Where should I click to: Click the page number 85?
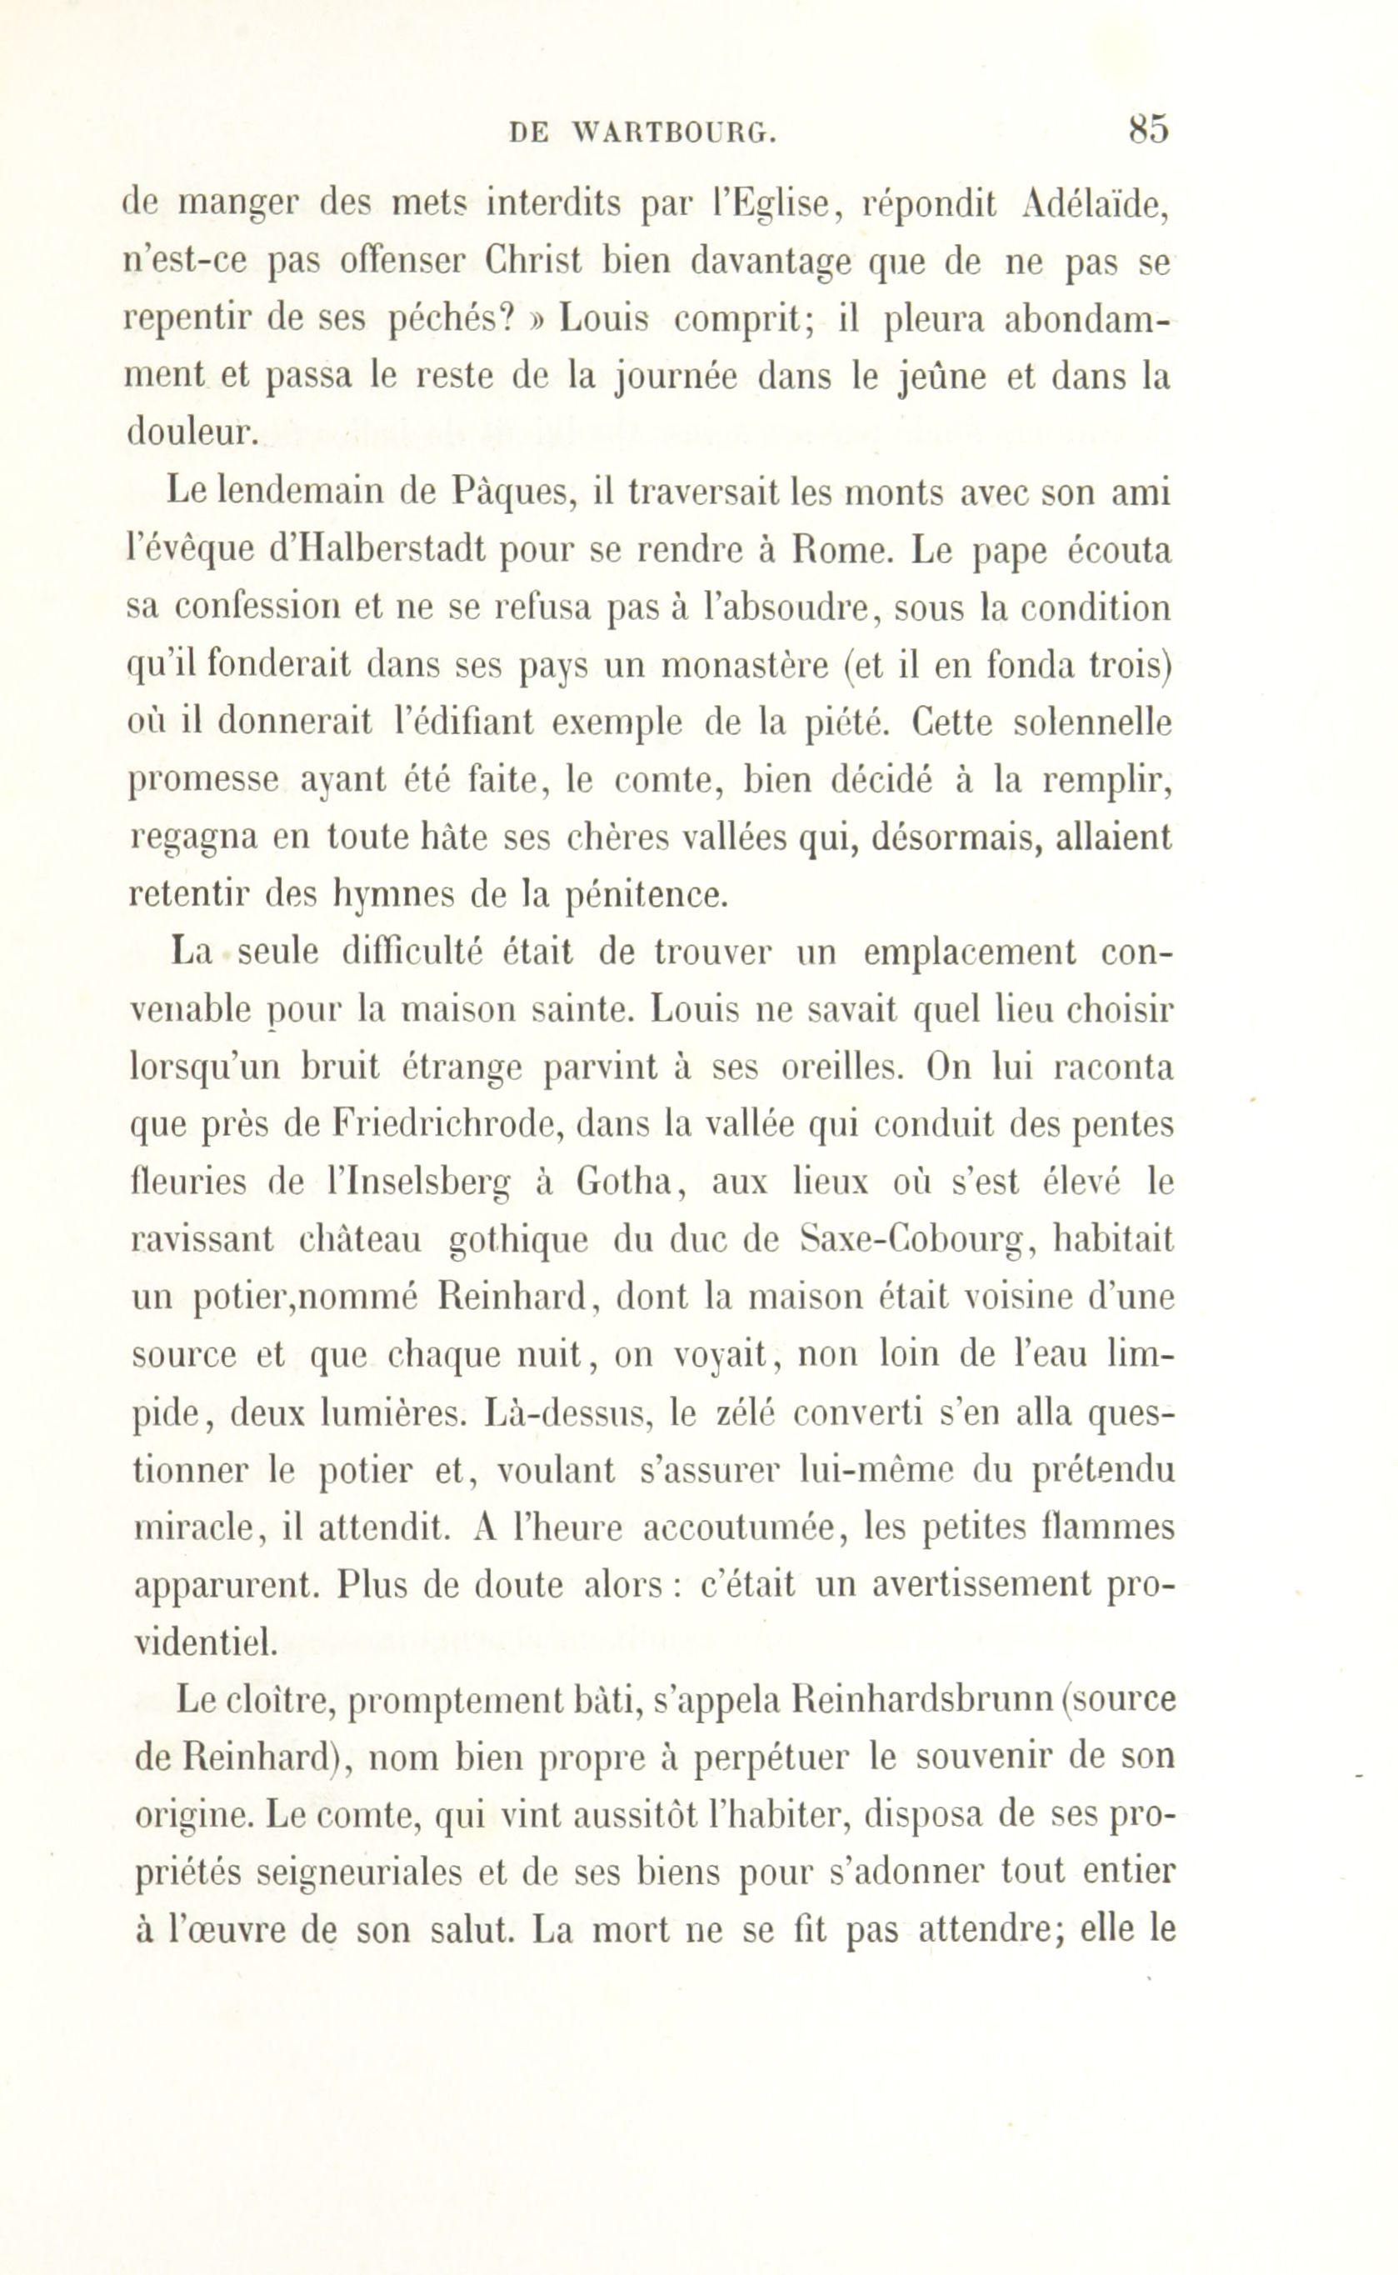pos(1148,128)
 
